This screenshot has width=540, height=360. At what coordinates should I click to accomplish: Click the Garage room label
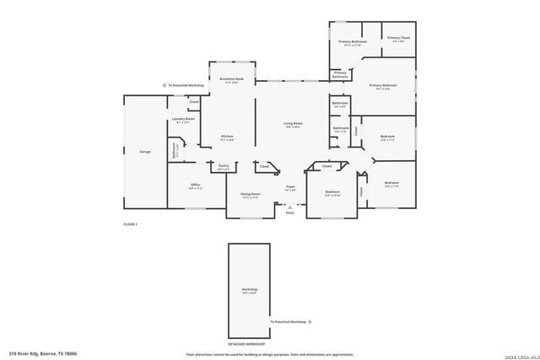click(145, 152)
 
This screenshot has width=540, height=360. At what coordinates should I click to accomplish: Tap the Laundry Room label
click(184, 120)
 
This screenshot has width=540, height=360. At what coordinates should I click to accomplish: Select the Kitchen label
click(227, 137)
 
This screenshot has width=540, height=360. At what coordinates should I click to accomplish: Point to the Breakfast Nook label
click(232, 79)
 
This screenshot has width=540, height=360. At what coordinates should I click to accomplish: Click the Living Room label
click(293, 124)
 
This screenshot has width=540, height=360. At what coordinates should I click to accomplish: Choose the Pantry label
click(224, 166)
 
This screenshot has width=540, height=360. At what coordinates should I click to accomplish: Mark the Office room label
click(195, 185)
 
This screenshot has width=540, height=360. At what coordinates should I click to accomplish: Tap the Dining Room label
click(251, 195)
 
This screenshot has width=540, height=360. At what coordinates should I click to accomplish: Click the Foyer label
click(289, 186)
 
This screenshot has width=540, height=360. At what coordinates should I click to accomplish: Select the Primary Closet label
click(399, 38)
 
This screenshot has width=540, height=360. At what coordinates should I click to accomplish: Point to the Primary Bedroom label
click(382, 85)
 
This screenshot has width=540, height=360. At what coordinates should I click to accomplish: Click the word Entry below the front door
click(290, 212)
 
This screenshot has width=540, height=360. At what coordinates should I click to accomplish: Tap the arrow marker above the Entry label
click(290, 205)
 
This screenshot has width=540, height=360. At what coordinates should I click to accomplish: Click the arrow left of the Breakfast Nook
click(164, 85)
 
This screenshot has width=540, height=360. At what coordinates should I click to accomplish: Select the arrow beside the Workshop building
click(310, 322)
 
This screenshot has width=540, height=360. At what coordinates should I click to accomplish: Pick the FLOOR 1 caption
click(130, 224)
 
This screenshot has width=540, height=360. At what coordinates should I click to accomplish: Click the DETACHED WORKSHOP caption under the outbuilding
click(246, 344)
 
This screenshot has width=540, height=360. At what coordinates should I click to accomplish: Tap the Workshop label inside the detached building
click(250, 289)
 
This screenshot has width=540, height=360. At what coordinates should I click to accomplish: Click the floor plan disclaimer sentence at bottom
click(270, 355)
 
